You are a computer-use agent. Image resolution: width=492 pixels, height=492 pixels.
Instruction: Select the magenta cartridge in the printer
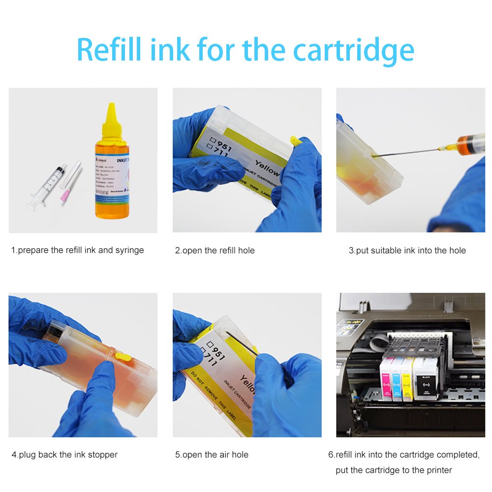(x=386, y=378)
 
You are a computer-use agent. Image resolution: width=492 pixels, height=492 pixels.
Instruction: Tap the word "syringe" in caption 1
(x=129, y=250)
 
